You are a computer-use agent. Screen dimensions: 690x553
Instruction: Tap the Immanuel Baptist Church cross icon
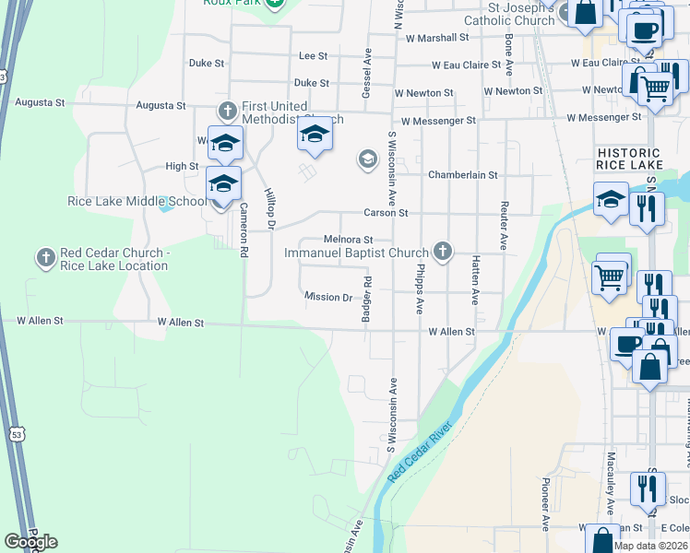tap(443, 251)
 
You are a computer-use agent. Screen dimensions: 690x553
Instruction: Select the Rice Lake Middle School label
tap(137, 202)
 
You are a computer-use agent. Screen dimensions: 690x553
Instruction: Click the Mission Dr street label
tap(328, 297)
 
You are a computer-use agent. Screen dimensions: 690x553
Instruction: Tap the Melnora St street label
tap(347, 240)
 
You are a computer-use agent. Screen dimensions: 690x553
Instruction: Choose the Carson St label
tap(386, 212)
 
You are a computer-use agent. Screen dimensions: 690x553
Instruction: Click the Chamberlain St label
tap(462, 175)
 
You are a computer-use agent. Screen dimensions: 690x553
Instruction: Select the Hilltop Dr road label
tap(270, 210)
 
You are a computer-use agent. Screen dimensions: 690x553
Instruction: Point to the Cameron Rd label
tap(244, 229)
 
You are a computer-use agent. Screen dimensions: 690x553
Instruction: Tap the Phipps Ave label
tap(418, 293)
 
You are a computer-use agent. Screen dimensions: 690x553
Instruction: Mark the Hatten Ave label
tap(475, 280)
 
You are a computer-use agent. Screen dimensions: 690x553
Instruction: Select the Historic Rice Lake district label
tap(628, 159)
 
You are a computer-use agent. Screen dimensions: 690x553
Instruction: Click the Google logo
tap(30, 541)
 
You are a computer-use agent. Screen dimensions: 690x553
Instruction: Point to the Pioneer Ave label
tap(544, 506)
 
